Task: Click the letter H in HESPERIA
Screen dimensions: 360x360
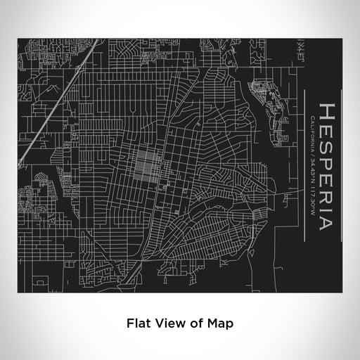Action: pos(328,113)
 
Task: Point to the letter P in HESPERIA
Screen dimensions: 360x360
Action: pos(328,163)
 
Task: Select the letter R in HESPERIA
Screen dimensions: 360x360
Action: pos(328,196)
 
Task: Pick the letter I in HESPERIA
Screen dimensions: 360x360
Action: pos(328,210)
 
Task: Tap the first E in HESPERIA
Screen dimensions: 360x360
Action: pos(328,130)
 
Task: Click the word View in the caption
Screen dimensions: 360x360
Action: pos(167,324)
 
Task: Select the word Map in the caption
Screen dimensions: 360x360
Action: pos(220,324)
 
